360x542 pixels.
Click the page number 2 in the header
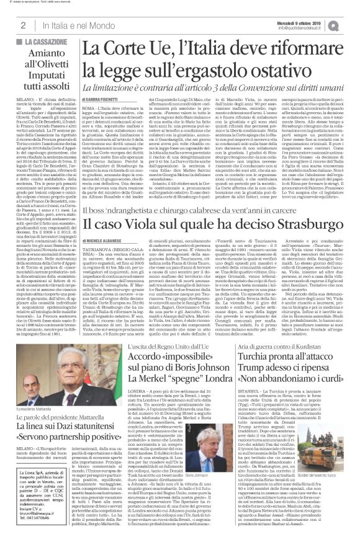[22, 25]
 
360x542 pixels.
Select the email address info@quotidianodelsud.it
[305, 27]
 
